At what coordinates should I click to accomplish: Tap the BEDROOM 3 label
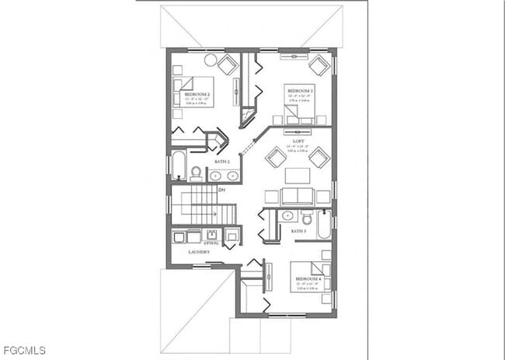(299, 91)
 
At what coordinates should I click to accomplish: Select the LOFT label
(298, 142)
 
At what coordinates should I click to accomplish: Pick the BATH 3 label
(298, 231)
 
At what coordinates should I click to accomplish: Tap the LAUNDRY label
(200, 252)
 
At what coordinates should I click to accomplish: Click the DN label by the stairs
(221, 190)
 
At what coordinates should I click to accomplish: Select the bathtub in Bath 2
(178, 165)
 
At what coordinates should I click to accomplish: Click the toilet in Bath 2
(196, 173)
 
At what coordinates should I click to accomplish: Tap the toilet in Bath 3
(306, 215)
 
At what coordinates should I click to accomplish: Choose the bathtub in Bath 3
(324, 224)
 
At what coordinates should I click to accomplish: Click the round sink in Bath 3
(287, 215)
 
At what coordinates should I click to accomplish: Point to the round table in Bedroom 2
(211, 60)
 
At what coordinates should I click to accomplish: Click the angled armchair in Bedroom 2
(228, 65)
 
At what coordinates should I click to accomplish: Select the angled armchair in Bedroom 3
(319, 65)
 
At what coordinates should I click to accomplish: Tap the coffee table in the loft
(298, 175)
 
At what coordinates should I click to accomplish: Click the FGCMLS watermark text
(23, 350)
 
